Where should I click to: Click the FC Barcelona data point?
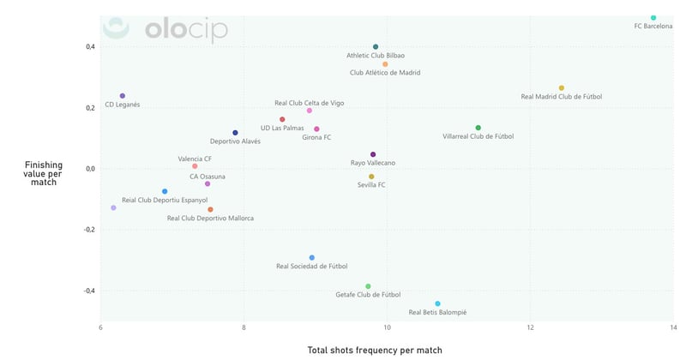(653, 17)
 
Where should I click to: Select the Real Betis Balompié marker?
(437, 303)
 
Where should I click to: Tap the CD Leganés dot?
(123, 96)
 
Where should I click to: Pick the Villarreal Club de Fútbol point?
(478, 128)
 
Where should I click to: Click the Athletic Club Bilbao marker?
(376, 47)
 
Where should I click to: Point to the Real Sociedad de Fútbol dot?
(312, 257)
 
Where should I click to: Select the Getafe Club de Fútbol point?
(368, 286)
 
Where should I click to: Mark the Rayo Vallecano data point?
(373, 154)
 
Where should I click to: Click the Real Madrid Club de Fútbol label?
(561, 97)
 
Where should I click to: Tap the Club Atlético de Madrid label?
(385, 73)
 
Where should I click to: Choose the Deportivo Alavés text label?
(235, 141)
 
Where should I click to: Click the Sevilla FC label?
(371, 185)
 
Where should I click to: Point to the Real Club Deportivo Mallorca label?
(210, 219)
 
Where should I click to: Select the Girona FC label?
(316, 137)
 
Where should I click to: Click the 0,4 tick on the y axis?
(89, 46)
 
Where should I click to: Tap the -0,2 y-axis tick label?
(88, 230)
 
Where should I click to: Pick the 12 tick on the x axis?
(531, 328)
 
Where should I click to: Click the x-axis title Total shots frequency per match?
(386, 350)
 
